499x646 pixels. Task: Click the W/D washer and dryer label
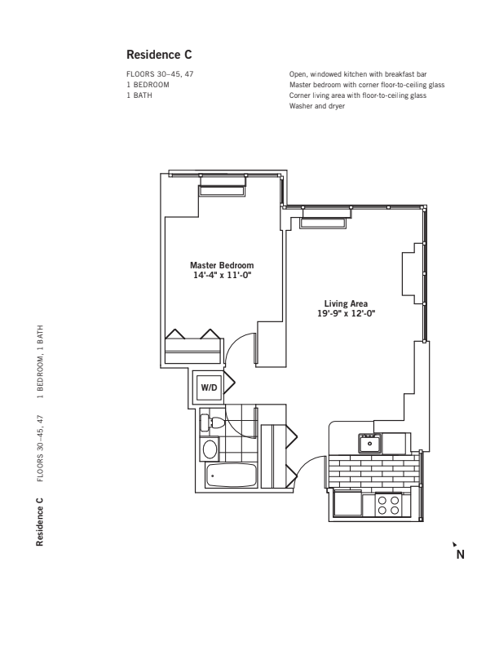tap(210, 387)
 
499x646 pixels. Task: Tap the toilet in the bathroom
tap(215, 423)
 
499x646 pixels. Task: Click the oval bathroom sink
tap(210, 449)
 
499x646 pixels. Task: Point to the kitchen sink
tap(369, 444)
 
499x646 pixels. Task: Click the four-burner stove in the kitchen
tap(389, 505)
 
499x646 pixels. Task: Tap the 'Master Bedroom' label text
tap(222, 266)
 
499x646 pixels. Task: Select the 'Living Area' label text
tap(347, 304)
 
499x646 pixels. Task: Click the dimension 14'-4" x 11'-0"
tap(222, 276)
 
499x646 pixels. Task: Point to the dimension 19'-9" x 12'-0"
tap(347, 314)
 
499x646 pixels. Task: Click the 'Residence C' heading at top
tap(159, 55)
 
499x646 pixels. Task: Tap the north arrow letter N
tap(460, 555)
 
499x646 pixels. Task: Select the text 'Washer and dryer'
tap(318, 106)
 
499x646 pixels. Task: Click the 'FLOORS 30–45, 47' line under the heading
tap(160, 74)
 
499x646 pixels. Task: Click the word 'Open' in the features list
tap(298, 74)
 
